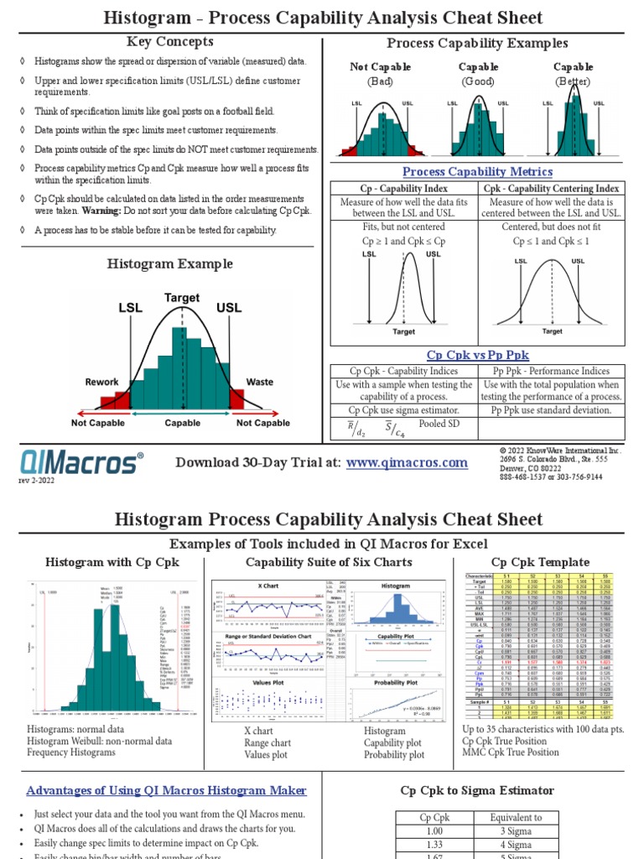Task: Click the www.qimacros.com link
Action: [x=407, y=462]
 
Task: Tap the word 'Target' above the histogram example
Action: [x=182, y=298]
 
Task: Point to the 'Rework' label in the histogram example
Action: [x=101, y=382]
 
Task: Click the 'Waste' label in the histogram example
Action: [x=259, y=382]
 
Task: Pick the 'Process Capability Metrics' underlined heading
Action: [x=477, y=172]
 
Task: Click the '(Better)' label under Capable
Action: [x=573, y=81]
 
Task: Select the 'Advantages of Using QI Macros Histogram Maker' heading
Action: [x=166, y=790]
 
